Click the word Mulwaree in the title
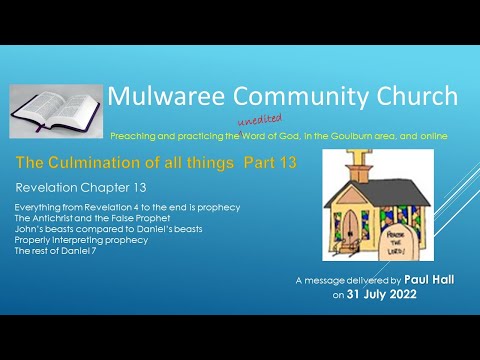tap(168, 96)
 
